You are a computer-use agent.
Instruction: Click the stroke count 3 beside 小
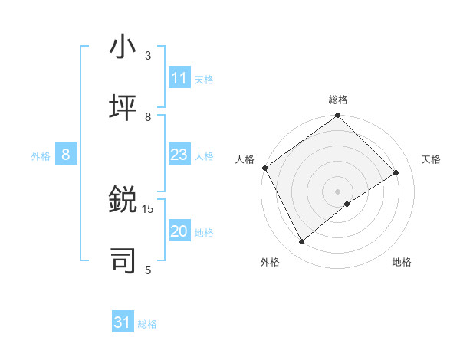tap(148, 56)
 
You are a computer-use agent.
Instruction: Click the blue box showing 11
tap(179, 78)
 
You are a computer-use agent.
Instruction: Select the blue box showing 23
tap(179, 155)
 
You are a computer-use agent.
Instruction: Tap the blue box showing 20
tap(179, 231)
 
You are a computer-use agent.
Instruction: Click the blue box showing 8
tap(66, 155)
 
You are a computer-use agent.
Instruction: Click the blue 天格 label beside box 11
tap(204, 79)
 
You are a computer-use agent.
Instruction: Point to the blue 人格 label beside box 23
tap(204, 155)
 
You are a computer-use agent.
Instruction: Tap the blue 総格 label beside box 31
tap(147, 323)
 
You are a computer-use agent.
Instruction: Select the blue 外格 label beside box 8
tap(41, 155)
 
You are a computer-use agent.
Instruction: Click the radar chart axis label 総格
tap(338, 100)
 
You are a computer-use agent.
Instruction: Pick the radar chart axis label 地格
tap(402, 262)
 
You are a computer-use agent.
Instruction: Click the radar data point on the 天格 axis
tap(396, 173)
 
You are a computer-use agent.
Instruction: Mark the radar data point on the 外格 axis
tap(301, 242)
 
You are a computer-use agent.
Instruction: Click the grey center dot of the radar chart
tap(338, 191)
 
